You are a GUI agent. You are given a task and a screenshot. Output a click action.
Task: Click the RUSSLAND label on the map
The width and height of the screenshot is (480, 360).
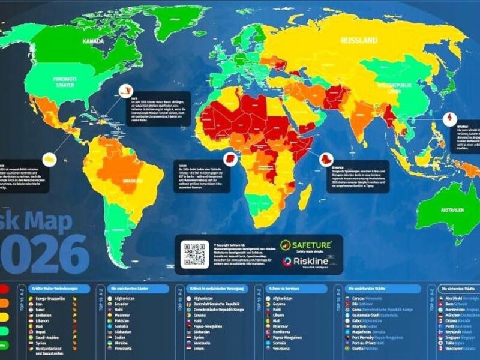point(359,41)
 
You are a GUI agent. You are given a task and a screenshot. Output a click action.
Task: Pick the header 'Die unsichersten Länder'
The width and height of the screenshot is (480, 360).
point(140,289)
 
